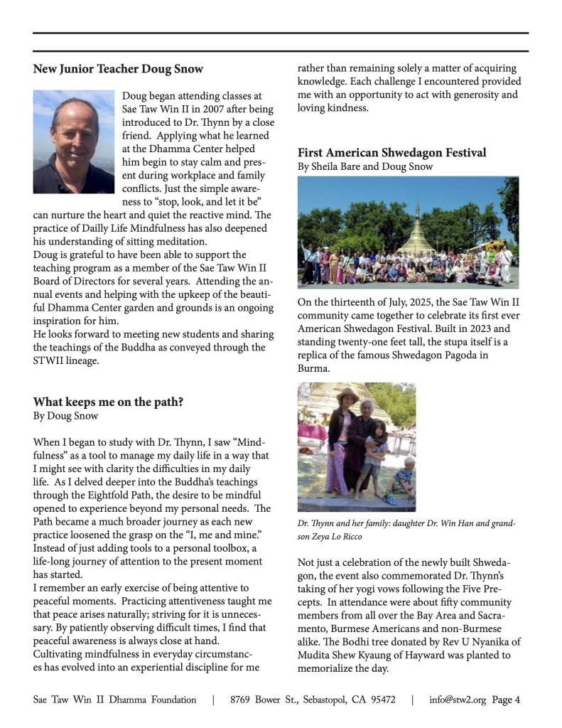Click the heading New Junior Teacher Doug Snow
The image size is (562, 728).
[118, 69]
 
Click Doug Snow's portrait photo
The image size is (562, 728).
[74, 141]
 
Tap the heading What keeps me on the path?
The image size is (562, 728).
[108, 402]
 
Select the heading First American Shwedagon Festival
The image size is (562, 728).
[391, 153]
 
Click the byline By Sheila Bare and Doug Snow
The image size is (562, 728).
[365, 166]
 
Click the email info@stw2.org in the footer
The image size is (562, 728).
[458, 700]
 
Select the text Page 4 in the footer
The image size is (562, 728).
[506, 700]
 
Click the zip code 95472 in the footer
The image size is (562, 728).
[380, 700]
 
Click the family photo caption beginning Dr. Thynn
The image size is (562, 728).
[406, 530]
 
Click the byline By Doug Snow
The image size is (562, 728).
[65, 416]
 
